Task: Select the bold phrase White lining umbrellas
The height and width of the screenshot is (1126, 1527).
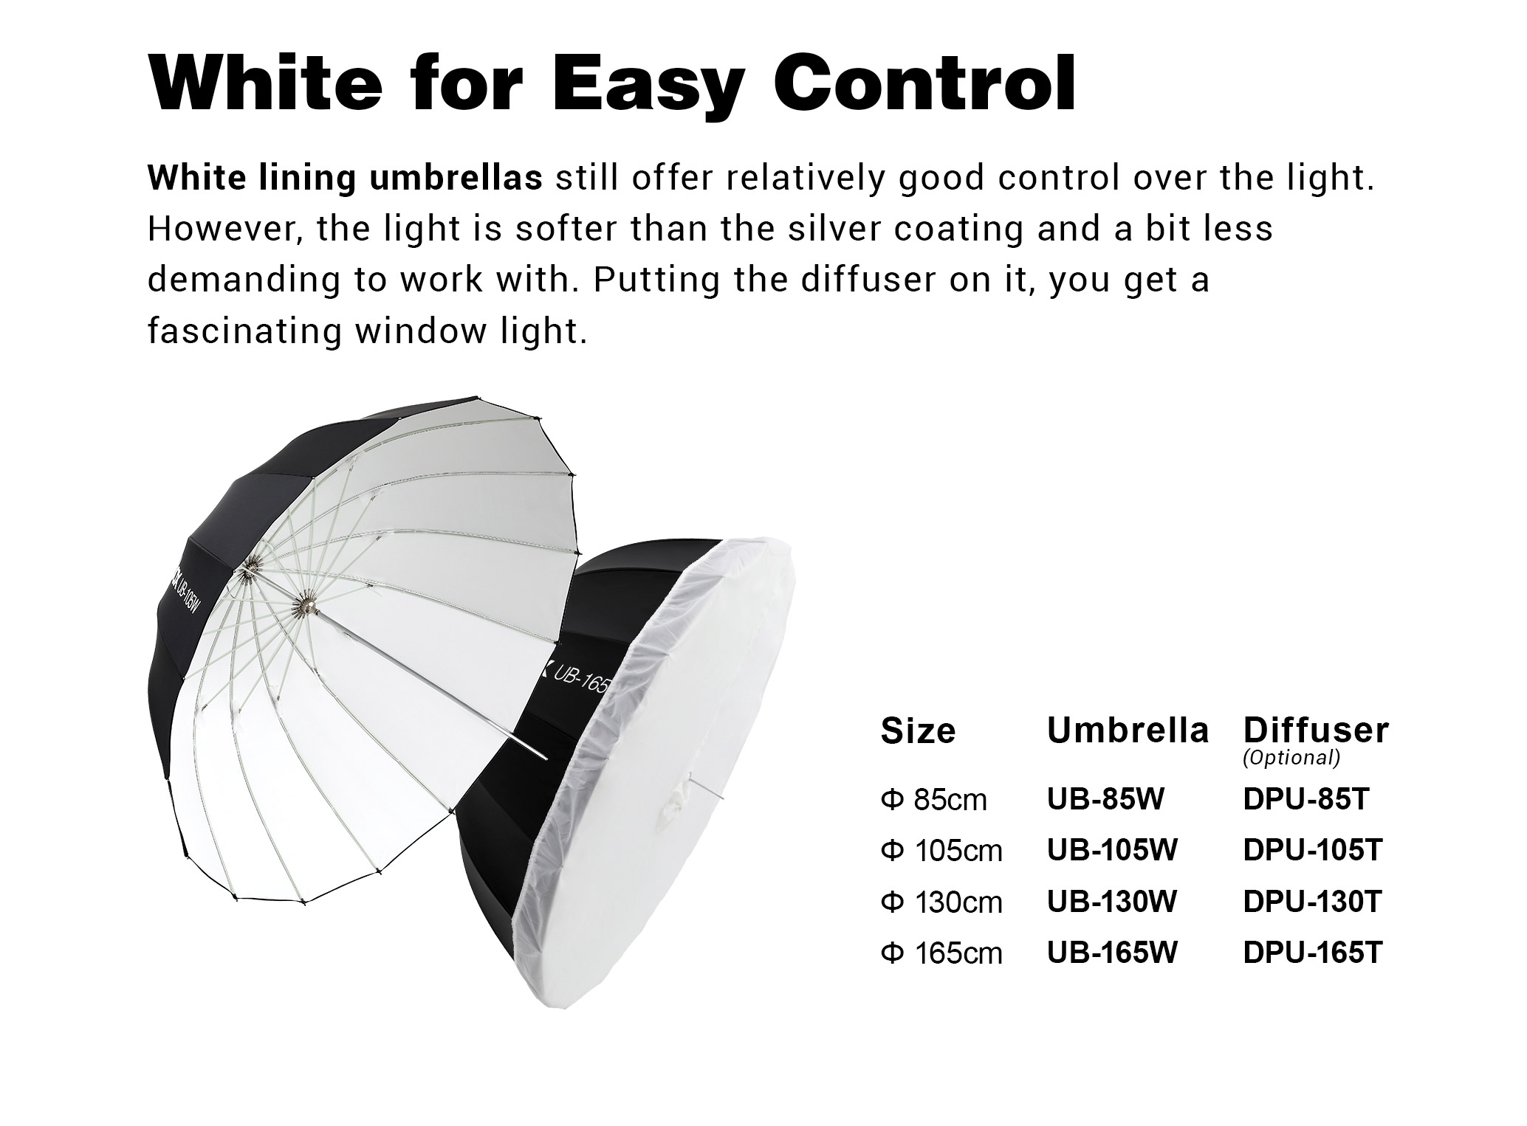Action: (345, 179)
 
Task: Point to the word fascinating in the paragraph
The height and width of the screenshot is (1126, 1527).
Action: (244, 331)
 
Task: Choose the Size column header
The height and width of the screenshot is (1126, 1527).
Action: (918, 731)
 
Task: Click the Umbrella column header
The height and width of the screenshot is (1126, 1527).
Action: (1128, 730)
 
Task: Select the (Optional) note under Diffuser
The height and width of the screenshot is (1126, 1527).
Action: (1291, 757)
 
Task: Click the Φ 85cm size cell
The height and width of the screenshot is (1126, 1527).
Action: (933, 800)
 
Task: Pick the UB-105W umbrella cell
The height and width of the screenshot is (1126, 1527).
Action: (1112, 850)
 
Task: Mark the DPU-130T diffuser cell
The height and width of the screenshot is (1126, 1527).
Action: (1312, 902)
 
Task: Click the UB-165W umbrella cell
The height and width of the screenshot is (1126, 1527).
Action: (1112, 953)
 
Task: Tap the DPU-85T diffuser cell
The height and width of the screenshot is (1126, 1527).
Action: (1306, 799)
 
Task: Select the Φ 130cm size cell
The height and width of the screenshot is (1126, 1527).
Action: (941, 902)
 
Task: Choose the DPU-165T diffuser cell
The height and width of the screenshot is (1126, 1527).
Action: (1312, 953)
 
